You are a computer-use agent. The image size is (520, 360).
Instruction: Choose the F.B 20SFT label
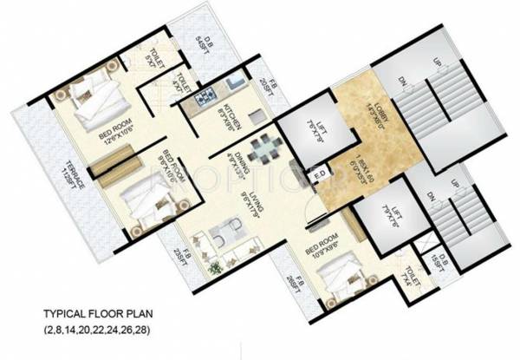point(269,90)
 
